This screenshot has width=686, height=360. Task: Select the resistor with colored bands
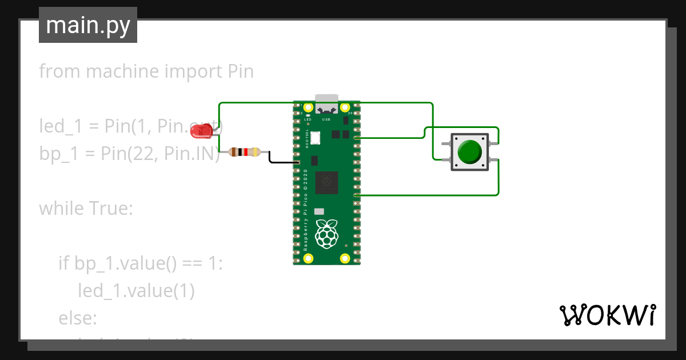(244, 152)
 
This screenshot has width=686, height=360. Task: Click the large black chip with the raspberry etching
(326, 182)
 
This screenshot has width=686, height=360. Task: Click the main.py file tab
(88, 26)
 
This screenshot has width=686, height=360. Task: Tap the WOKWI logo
(607, 315)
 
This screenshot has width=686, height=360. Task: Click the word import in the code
(194, 71)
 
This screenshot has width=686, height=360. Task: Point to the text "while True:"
(86, 208)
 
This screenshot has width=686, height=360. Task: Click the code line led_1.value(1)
(136, 291)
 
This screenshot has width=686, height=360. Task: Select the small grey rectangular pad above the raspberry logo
(319, 211)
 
